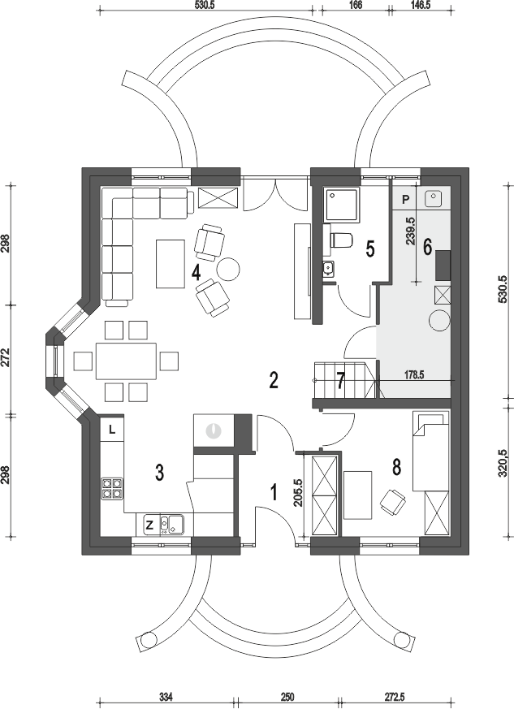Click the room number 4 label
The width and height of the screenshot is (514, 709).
pos(197,273)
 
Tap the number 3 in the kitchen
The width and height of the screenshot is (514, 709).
pos(159,473)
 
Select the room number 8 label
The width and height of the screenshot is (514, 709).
pos(396,467)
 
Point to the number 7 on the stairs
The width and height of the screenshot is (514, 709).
pos(341,380)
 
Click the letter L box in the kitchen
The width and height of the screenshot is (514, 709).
pos(112,430)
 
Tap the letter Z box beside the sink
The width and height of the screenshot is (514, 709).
pos(149,525)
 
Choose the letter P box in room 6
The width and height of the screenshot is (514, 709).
pos(405,199)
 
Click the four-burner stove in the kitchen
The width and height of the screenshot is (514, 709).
pos(112,489)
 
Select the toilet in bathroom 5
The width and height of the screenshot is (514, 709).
pos(341,240)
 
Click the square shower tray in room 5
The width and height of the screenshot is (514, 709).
pos(342,205)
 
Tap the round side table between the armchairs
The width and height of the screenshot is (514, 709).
pos(228,269)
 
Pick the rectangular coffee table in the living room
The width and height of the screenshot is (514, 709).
pos(171,264)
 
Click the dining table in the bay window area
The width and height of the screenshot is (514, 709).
pos(126,361)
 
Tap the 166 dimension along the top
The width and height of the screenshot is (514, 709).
pos(356,6)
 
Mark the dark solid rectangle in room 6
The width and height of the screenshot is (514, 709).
pos(443,265)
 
